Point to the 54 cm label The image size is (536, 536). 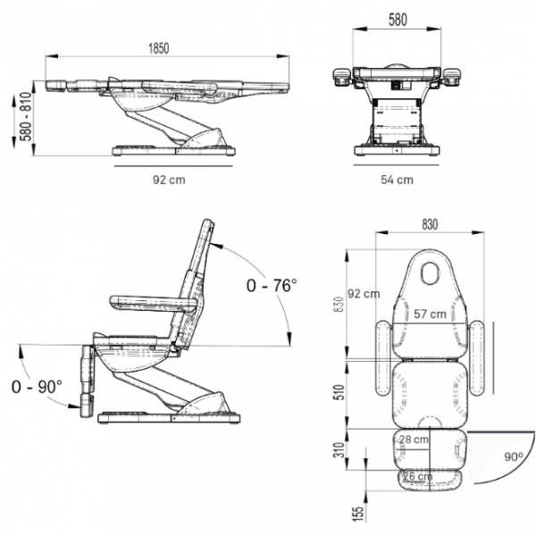[397, 180]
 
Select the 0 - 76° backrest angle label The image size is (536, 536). [271, 285]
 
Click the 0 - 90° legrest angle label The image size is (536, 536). [38, 387]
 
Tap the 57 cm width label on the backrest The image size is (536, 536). [430, 314]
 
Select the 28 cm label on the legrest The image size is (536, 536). [413, 440]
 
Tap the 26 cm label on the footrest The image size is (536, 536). [416, 477]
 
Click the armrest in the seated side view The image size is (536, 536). [152, 303]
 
